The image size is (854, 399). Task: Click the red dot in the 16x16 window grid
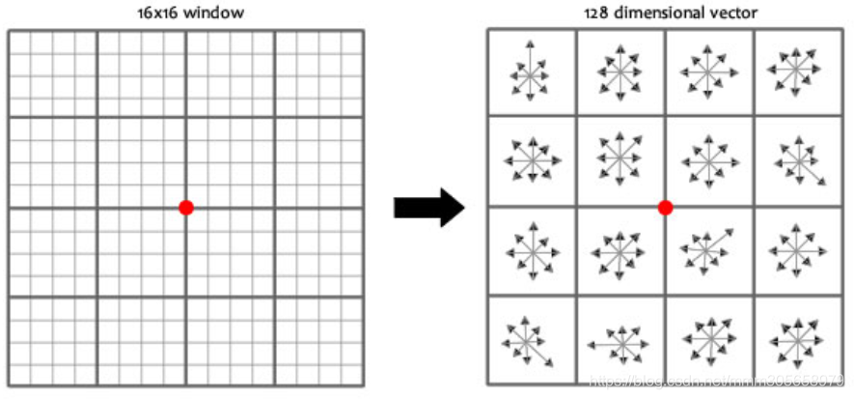tap(186, 207)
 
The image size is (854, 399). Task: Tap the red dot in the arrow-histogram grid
tap(664, 207)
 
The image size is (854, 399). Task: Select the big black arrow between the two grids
tap(429, 207)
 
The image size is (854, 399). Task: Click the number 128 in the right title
tap(597, 13)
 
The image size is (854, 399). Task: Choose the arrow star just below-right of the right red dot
tap(707, 251)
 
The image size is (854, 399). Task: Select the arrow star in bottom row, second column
tap(618, 342)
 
